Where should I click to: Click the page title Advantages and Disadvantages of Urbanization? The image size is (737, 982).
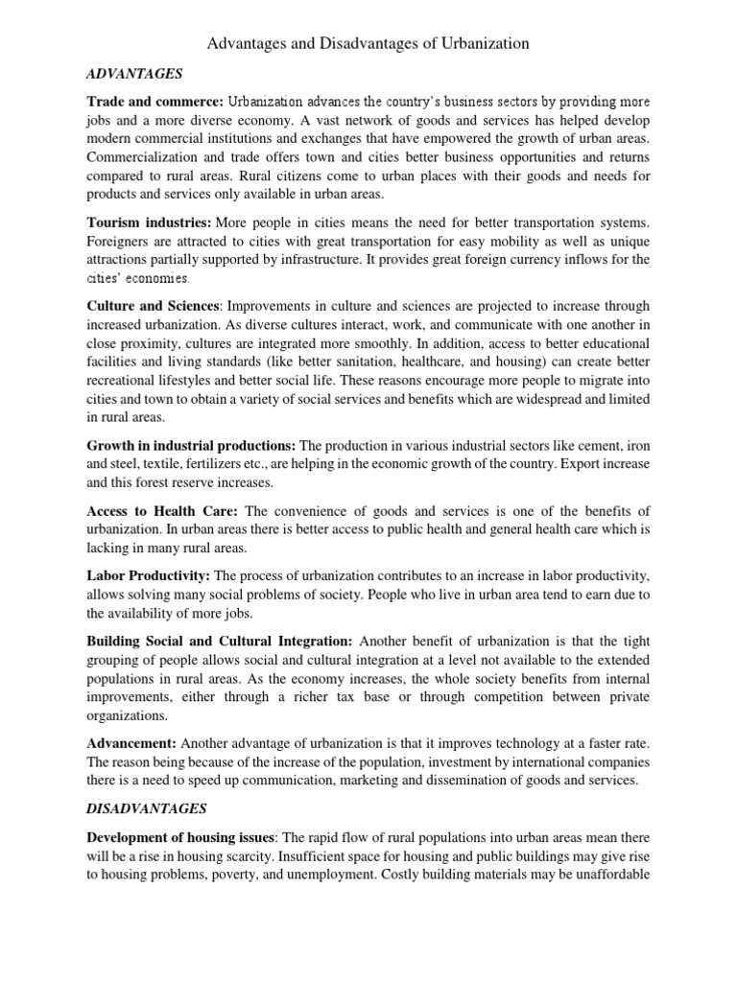[x=368, y=43]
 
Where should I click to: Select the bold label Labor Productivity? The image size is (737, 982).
[x=149, y=575]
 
